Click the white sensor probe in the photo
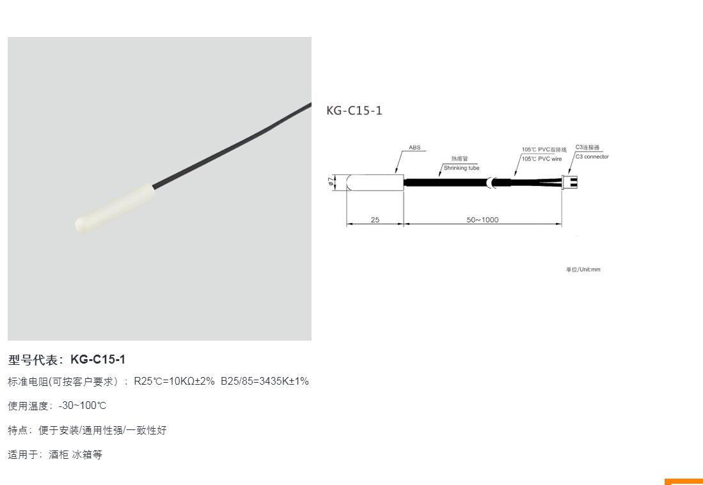click(115, 207)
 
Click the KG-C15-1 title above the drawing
click(354, 111)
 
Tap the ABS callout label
click(415, 148)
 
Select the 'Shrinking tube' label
click(461, 168)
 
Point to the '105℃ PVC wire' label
click(542, 159)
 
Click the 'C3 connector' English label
click(592, 157)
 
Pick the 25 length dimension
click(375, 220)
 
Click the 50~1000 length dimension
click(482, 220)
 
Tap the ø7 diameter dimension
click(331, 181)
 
